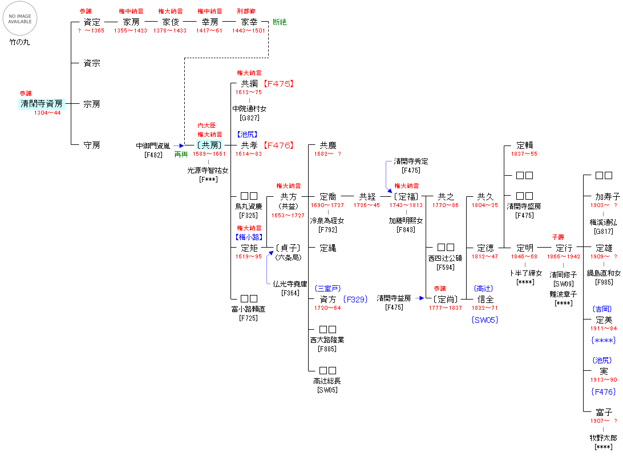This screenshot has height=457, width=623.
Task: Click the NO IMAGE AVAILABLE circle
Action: click(20, 19)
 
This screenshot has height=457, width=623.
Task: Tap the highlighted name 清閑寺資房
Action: click(41, 104)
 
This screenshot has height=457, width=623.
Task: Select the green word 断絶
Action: click(280, 22)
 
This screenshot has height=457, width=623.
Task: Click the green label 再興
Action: click(181, 155)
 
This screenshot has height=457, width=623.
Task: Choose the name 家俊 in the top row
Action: click(170, 22)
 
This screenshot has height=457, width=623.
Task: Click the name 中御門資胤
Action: click(153, 146)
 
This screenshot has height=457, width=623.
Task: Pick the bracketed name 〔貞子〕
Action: click(288, 248)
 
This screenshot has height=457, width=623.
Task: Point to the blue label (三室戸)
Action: click(327, 289)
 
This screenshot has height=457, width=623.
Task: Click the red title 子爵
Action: click(557, 237)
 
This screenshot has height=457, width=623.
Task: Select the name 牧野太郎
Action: click(603, 438)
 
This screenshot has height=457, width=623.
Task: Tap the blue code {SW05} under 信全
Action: click(485, 320)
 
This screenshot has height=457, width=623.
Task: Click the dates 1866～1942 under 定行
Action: click(564, 257)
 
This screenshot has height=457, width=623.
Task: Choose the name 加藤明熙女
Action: click(406, 220)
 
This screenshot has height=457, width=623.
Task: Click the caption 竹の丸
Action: click(19, 42)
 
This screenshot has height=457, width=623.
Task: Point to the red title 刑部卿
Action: click(246, 11)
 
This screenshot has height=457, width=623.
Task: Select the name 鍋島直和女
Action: click(603, 274)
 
